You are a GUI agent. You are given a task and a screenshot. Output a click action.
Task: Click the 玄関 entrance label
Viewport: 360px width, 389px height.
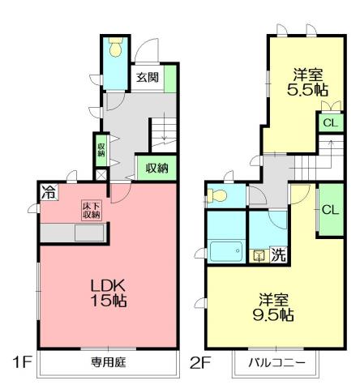(x=147, y=79)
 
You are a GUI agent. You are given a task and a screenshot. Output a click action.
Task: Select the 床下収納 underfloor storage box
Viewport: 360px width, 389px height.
(x=90, y=209)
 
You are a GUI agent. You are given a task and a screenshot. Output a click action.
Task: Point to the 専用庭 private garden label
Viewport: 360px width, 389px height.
(x=108, y=362)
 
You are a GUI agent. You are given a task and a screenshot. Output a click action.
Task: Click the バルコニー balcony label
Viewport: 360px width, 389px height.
(x=276, y=363)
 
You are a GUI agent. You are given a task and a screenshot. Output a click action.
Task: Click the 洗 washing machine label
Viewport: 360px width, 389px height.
(x=277, y=254)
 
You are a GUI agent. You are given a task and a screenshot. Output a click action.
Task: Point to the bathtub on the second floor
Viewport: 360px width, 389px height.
(x=225, y=250)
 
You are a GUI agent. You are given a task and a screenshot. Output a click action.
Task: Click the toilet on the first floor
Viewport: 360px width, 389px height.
(x=115, y=51)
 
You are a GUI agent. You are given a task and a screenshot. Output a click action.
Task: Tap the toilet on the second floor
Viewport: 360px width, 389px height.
(x=216, y=196)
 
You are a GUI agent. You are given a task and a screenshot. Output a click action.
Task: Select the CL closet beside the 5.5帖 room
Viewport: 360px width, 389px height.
(x=329, y=123)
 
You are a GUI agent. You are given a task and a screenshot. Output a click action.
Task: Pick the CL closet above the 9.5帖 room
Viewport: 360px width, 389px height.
(x=329, y=209)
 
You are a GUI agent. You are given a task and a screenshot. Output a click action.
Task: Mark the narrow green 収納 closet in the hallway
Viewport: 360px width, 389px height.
(x=101, y=149)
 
